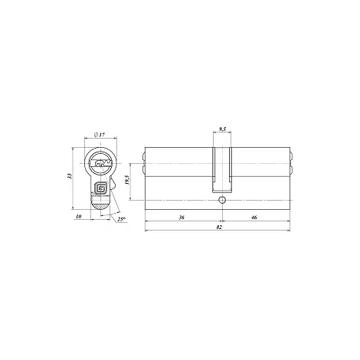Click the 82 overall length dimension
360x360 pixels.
pyautogui.click(x=219, y=227)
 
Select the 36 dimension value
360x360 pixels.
pyautogui.click(x=182, y=218)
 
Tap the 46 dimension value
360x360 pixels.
pyautogui.click(x=254, y=218)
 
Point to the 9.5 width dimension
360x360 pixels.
pyautogui.click(x=223, y=129)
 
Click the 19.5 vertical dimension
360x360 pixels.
pyautogui.click(x=127, y=180)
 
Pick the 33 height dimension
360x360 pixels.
pyautogui.click(x=69, y=175)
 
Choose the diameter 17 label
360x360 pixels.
pyautogui.click(x=100, y=135)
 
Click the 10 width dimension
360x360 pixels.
pyautogui.click(x=79, y=217)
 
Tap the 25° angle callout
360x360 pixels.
pyautogui.click(x=122, y=219)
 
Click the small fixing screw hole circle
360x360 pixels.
pyautogui.click(x=222, y=200)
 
